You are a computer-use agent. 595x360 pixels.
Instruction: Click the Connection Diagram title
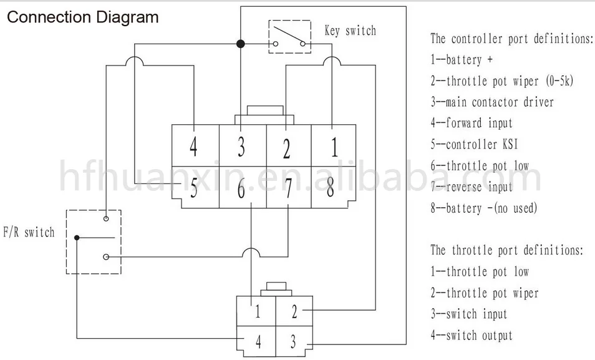(83, 17)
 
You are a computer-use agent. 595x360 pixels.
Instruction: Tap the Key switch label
(351, 31)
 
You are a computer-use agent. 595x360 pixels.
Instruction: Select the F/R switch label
(29, 232)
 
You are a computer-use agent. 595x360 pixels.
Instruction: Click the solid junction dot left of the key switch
(240, 44)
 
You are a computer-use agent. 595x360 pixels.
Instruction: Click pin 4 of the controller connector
(193, 147)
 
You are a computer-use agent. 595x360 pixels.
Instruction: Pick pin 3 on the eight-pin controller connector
(241, 147)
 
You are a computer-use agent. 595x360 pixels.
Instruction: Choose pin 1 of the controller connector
(334, 147)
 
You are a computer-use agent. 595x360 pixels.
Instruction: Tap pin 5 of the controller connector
(194, 188)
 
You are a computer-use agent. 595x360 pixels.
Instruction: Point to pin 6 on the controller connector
(241, 188)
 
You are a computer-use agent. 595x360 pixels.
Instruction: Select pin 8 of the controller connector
(331, 187)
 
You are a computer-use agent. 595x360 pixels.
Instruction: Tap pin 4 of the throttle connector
(258, 342)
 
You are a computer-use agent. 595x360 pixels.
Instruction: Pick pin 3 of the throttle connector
(293, 342)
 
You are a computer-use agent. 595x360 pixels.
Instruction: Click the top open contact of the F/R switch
(106, 219)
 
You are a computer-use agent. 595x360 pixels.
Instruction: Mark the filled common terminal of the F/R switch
(77, 238)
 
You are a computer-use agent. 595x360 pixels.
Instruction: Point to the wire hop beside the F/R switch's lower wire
(251, 251)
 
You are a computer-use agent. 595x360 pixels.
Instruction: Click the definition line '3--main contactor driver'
(492, 102)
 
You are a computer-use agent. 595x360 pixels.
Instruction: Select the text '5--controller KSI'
(475, 144)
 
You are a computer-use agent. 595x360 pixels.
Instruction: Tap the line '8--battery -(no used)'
(484, 208)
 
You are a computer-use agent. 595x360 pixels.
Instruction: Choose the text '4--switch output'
(472, 335)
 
